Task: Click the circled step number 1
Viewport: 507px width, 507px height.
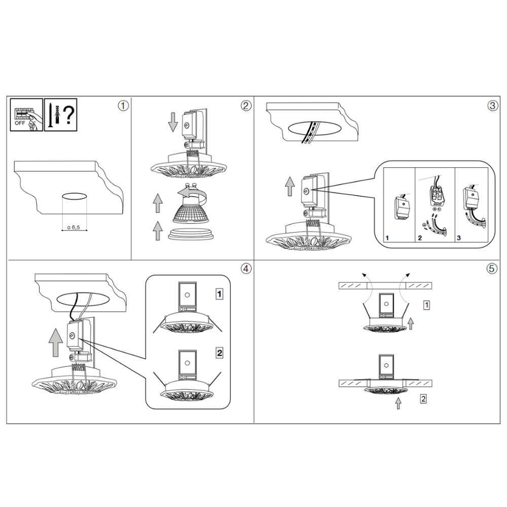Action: click(x=123, y=106)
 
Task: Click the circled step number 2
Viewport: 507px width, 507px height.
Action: click(x=246, y=106)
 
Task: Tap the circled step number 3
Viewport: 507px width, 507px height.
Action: click(x=492, y=106)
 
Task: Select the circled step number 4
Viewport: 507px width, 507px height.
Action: click(x=246, y=268)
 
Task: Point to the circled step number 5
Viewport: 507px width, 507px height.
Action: click(x=492, y=268)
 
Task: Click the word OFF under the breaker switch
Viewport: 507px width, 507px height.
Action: click(x=20, y=123)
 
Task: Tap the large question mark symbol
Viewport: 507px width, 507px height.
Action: click(x=68, y=115)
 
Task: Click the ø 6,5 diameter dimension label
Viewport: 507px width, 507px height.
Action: click(x=74, y=227)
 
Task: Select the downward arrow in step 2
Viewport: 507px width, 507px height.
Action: click(x=173, y=122)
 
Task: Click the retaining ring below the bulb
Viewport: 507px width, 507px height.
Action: click(x=191, y=234)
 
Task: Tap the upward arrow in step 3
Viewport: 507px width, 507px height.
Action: click(x=290, y=186)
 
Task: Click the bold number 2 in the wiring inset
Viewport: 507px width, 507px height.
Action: click(x=420, y=238)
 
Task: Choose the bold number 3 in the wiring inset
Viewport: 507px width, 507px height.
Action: click(x=459, y=238)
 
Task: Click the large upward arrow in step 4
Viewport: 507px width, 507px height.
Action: click(x=56, y=342)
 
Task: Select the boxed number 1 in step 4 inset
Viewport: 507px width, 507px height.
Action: click(x=220, y=294)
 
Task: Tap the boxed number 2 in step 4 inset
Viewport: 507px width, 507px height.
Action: click(x=220, y=352)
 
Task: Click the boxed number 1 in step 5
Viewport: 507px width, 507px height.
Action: click(x=426, y=305)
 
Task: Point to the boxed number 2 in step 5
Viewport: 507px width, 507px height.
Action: click(x=423, y=399)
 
